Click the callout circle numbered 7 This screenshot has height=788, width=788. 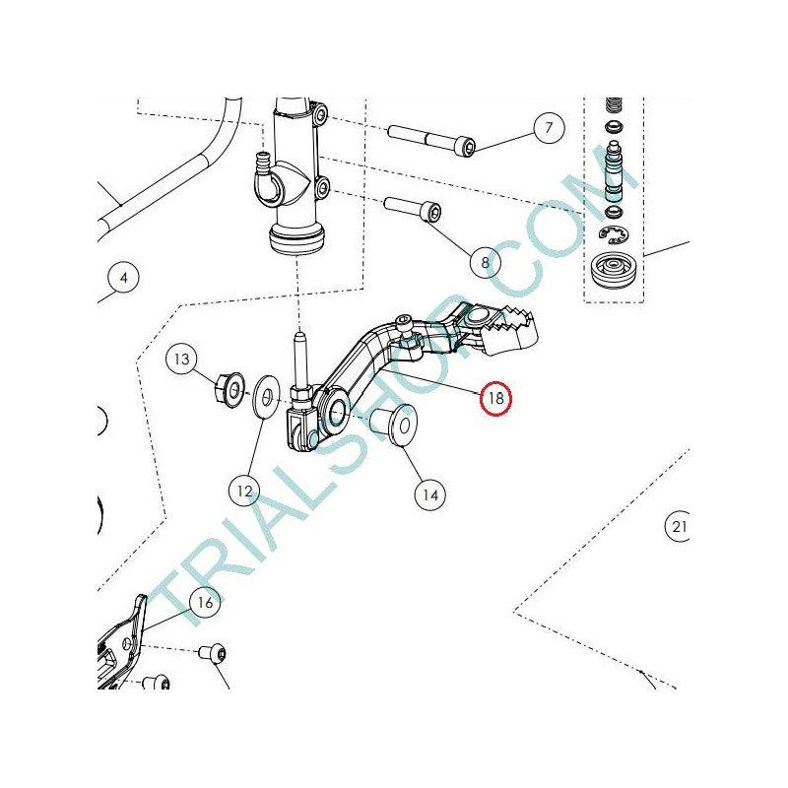click(x=549, y=128)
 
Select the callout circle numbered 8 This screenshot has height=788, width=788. click(x=485, y=262)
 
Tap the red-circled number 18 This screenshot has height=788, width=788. click(x=495, y=399)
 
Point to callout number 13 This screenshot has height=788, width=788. click(x=181, y=359)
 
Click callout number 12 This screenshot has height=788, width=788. click(x=244, y=491)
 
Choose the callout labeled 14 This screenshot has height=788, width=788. click(x=430, y=495)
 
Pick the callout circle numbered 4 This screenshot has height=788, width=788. click(x=124, y=278)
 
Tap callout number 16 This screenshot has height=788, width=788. click(x=205, y=603)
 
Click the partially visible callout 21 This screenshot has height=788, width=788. click(x=678, y=526)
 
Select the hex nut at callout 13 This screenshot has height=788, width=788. click(x=230, y=389)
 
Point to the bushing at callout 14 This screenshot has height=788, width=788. click(x=395, y=425)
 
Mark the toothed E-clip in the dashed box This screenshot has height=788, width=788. click(x=614, y=233)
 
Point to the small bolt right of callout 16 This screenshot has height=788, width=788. click(x=213, y=653)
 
